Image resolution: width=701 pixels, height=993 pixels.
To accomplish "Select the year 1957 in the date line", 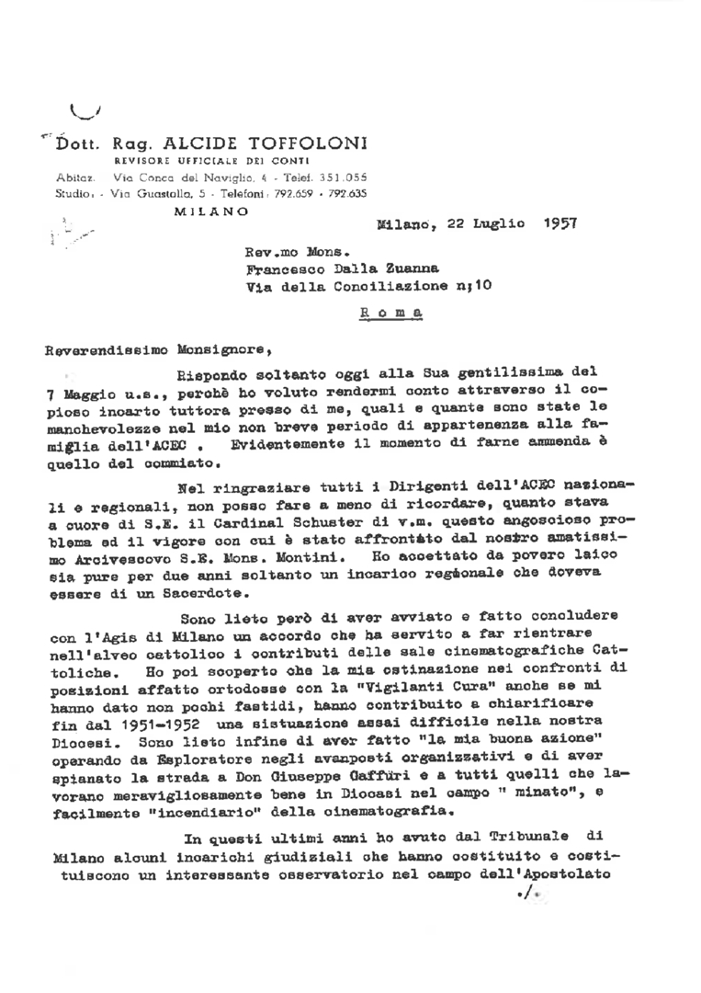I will pos(560,223).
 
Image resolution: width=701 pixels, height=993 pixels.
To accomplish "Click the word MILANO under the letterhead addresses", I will pos(210,211).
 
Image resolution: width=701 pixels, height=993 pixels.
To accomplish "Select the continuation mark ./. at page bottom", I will pos(526,894).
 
